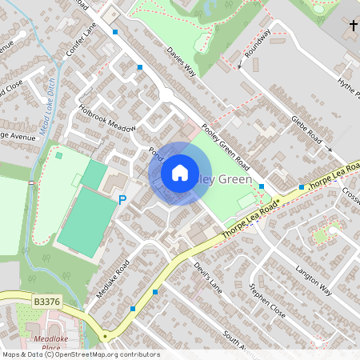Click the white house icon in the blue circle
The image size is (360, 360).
180,172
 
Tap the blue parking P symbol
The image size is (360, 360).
122,199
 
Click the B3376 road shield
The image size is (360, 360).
48,302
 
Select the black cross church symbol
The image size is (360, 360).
354,26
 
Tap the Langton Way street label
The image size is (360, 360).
314,279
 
